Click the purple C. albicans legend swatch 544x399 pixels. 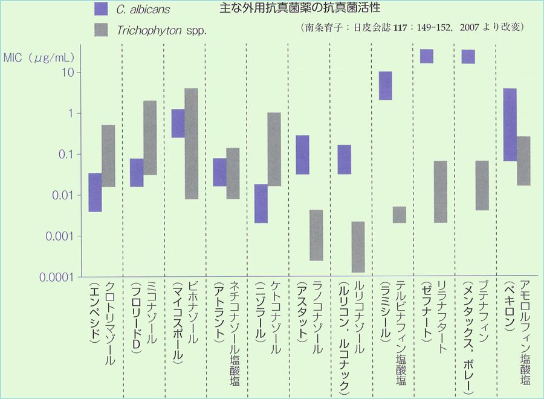point(102,8)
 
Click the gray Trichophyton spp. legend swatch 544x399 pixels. point(102,29)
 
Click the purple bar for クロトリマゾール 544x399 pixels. point(95,192)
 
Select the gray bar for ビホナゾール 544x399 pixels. point(191,143)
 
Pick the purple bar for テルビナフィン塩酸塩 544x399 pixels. point(386,85)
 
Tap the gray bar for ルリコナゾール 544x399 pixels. point(358,247)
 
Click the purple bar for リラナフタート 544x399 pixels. point(427,56)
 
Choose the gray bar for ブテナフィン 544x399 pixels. point(482,185)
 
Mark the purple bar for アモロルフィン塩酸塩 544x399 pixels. point(510,125)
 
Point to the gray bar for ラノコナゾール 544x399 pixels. point(316,235)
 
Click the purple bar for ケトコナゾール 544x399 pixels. point(261,203)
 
